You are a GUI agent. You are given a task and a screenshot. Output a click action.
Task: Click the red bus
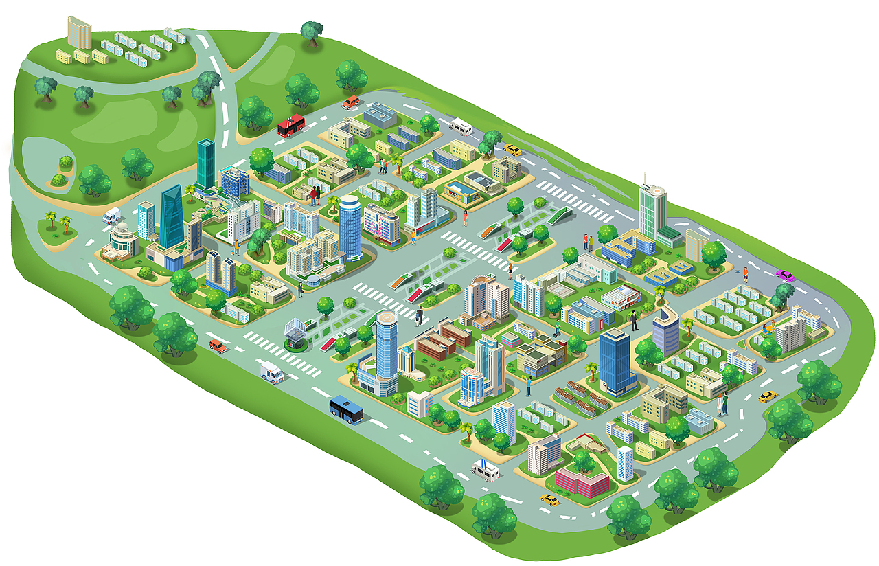[291, 126]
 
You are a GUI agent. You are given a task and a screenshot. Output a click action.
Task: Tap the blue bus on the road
[346, 409]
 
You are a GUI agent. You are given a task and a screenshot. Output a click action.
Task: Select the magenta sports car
[785, 275]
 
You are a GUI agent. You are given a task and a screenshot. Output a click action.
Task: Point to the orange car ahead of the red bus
[351, 102]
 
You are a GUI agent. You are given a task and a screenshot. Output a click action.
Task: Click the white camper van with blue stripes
[486, 470]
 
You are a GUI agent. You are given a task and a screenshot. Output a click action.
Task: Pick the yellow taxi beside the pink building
[549, 499]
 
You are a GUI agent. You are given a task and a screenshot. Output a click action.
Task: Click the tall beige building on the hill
[79, 32]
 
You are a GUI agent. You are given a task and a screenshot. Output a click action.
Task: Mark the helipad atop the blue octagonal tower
[387, 319]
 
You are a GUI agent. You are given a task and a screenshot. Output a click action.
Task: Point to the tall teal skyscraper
[205, 163]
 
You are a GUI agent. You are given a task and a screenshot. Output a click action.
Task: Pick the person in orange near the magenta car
[745, 274]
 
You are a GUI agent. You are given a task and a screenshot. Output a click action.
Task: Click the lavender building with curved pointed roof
[665, 331]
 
